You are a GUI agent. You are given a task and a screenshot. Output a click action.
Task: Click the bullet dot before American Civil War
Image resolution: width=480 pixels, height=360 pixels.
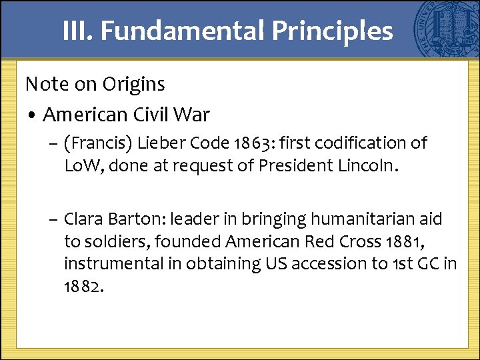(x=31, y=115)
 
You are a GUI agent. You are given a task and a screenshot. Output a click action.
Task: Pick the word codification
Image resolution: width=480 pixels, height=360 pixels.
(x=361, y=143)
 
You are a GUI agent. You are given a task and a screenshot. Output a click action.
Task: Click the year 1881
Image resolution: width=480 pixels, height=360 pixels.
(x=381, y=241)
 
